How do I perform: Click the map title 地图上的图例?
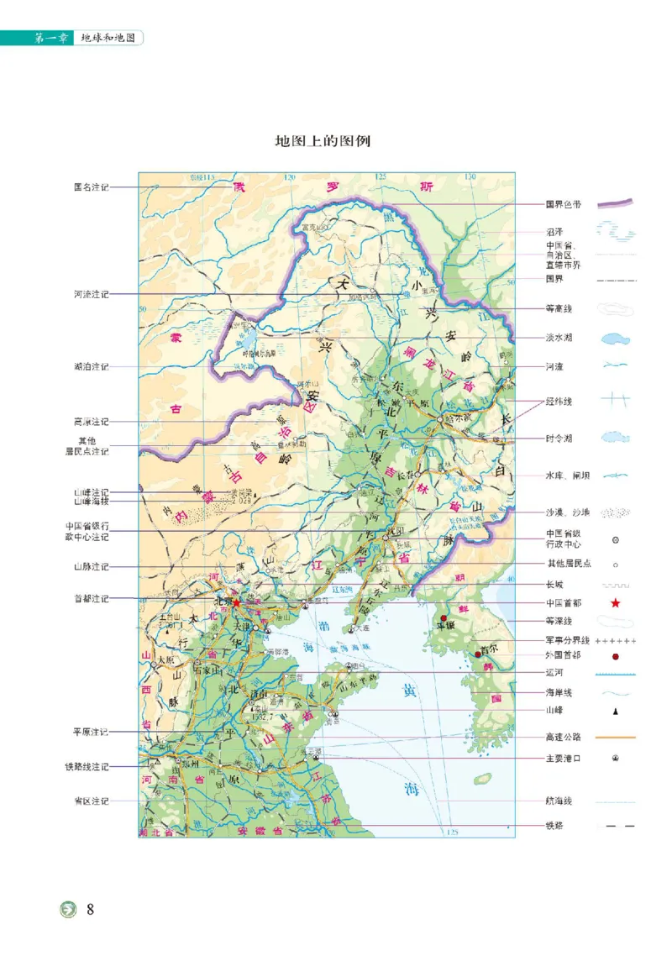(x=323, y=141)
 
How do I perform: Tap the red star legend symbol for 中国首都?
(x=616, y=602)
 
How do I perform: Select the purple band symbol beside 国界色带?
(x=616, y=203)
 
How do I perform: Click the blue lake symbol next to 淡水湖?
(x=616, y=339)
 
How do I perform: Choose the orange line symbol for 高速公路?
(x=616, y=738)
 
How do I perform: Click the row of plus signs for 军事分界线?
(x=616, y=641)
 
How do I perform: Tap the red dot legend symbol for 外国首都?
(x=616, y=655)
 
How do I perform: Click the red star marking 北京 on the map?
(x=237, y=602)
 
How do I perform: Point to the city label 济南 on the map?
(x=258, y=696)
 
